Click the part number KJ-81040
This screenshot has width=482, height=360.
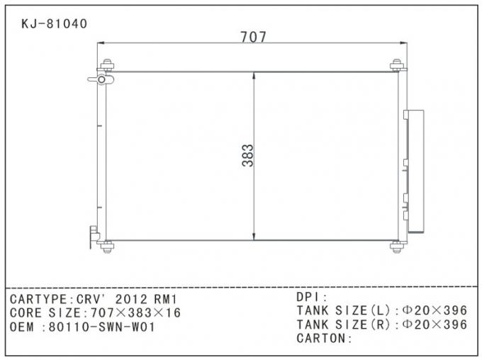click(x=55, y=23)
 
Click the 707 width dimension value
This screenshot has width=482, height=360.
click(x=253, y=37)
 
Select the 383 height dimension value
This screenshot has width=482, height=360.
click(x=247, y=156)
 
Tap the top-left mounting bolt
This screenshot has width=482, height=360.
click(x=107, y=66)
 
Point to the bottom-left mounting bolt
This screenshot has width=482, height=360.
click(x=107, y=246)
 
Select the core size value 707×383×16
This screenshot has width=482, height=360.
click(x=133, y=313)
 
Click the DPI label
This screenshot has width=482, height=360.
click(x=309, y=297)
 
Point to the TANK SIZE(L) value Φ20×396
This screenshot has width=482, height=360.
click(x=435, y=310)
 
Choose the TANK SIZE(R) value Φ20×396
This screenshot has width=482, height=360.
click(x=435, y=325)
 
